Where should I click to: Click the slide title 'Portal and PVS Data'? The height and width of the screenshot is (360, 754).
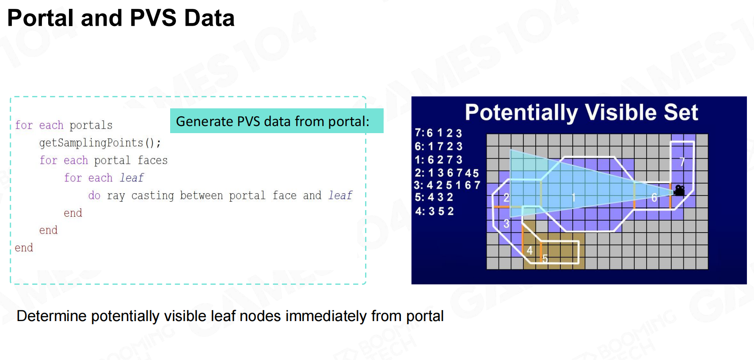point(121,18)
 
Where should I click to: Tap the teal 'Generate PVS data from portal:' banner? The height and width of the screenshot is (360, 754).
point(277,121)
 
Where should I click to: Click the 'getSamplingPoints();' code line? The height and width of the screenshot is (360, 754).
point(100,143)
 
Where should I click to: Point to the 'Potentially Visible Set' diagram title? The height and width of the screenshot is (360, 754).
point(581,112)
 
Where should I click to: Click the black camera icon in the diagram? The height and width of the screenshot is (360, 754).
point(680,190)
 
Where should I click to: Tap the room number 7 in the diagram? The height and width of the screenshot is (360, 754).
point(682,162)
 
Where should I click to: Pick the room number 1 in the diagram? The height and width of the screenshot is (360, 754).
point(574,198)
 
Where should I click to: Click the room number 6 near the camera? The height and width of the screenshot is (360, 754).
point(654,198)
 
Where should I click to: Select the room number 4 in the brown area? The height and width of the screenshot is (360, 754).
point(529,250)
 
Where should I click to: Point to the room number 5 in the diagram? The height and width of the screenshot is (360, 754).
point(545,259)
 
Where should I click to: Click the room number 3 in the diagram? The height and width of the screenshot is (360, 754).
point(506,223)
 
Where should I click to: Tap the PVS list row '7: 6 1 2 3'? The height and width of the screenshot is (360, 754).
point(438,133)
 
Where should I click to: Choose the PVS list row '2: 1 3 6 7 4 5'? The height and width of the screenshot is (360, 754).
point(446,173)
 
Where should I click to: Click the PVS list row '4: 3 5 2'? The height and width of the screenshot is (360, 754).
point(434,211)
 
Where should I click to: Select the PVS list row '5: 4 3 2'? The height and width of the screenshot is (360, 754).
point(434,197)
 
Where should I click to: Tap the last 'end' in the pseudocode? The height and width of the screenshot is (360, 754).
point(24,248)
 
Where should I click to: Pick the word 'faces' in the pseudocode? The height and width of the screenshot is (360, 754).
point(152,160)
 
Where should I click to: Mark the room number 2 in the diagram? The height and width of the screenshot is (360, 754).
point(506,197)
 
